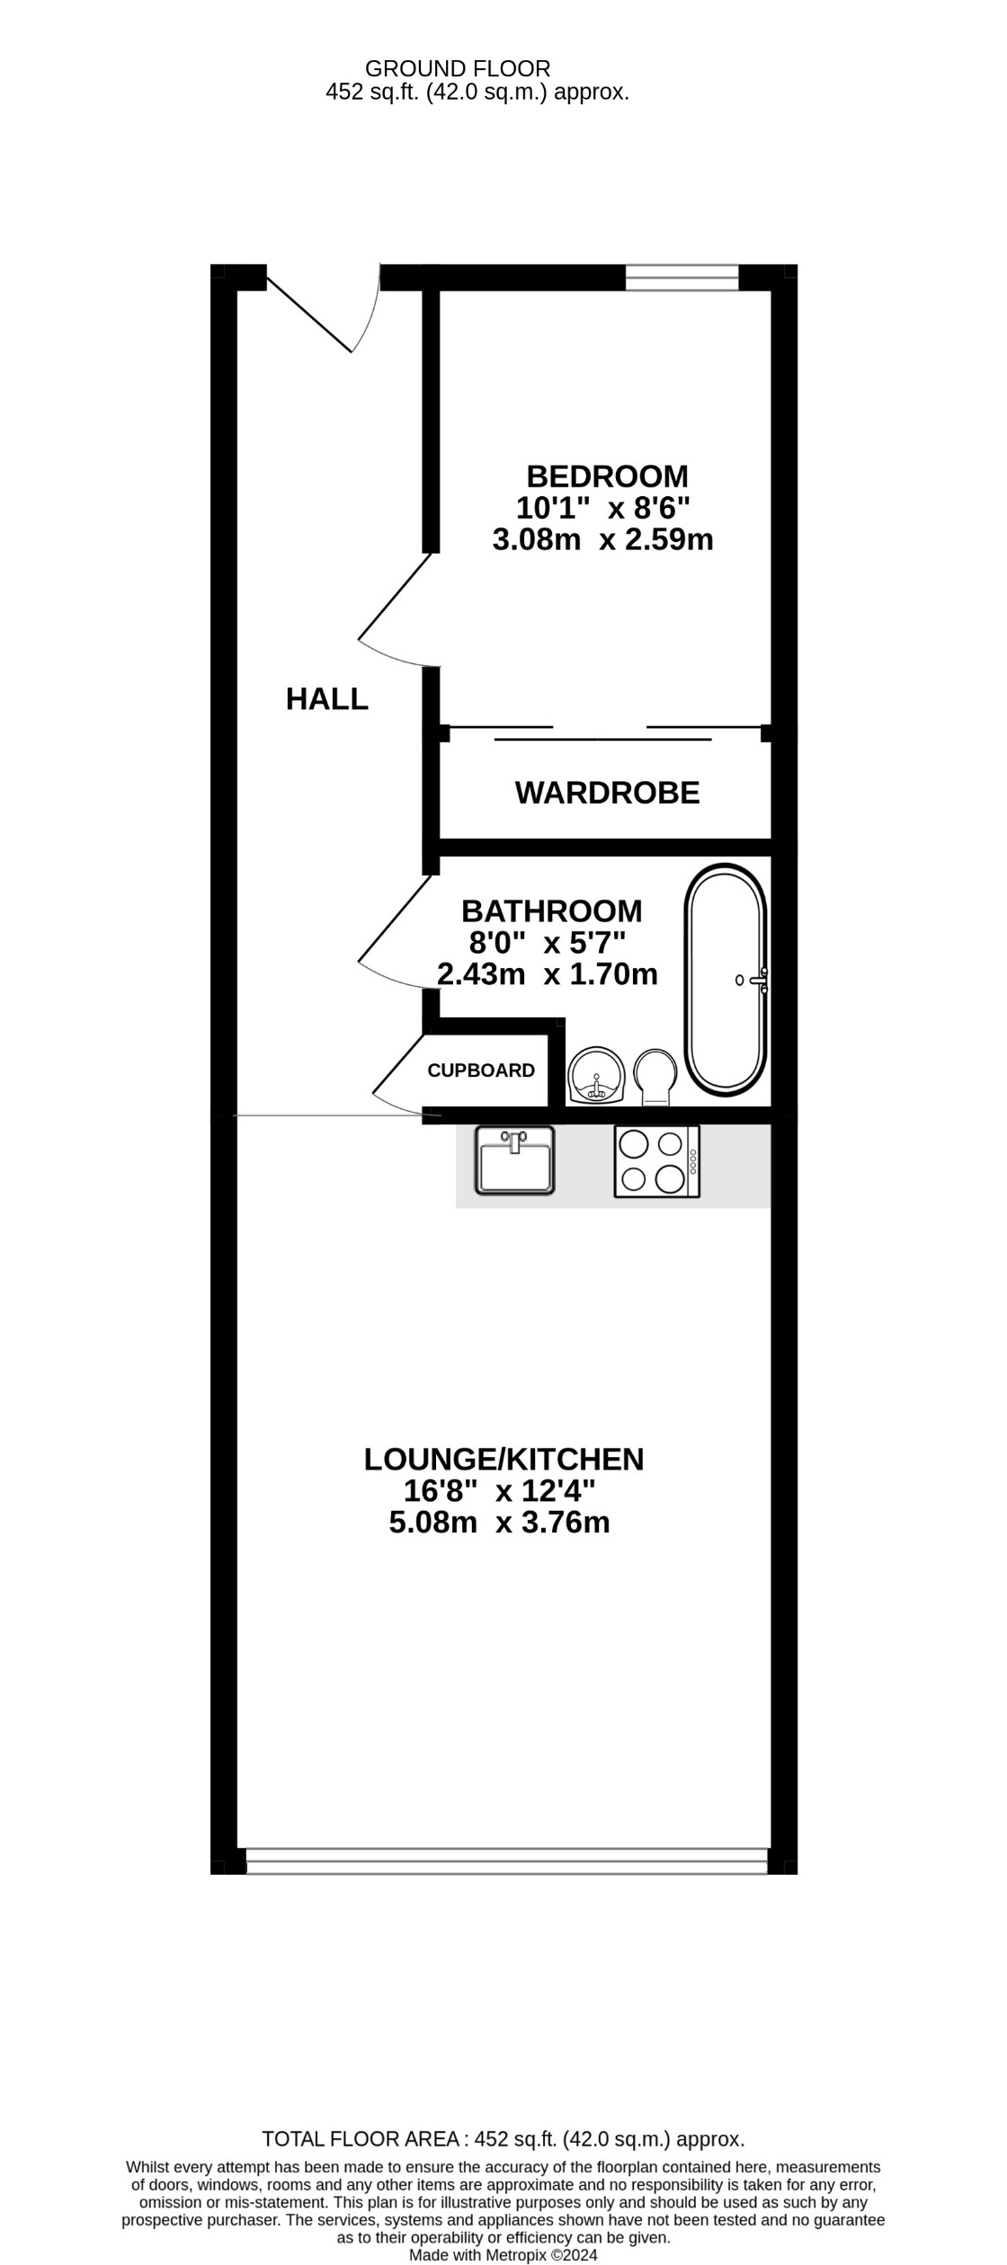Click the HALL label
click(326, 698)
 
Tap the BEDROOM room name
click(607, 475)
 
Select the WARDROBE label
click(607, 793)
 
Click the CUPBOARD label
click(481, 1070)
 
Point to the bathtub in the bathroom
click(726, 981)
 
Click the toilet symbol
click(655, 1074)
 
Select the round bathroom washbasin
click(596, 1075)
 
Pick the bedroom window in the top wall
click(682, 278)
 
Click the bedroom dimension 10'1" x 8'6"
click(602, 508)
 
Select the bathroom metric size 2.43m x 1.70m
click(547, 973)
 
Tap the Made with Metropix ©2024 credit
click(503, 2255)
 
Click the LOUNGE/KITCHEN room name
click(503, 1459)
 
